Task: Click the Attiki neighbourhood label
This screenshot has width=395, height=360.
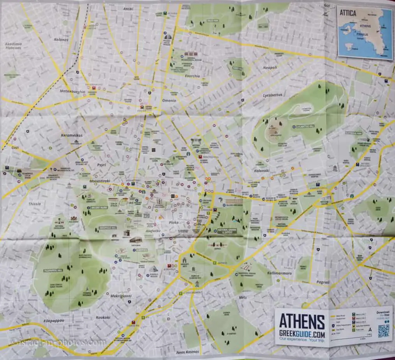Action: [x=129, y=8]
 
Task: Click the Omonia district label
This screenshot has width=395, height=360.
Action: [x=169, y=101]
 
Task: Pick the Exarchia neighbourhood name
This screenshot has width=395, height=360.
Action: [x=192, y=76]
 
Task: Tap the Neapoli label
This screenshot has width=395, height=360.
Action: [x=270, y=67]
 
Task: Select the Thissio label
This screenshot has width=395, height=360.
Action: [x=34, y=204]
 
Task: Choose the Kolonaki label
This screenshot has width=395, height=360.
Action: [x=269, y=170]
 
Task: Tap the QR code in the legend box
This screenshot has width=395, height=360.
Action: [x=384, y=330]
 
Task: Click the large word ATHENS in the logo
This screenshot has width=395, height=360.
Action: [x=302, y=321]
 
